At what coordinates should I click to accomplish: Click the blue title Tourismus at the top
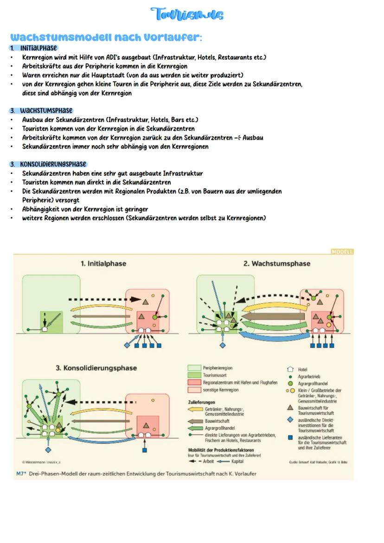187,14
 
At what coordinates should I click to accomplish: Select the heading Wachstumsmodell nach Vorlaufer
106,37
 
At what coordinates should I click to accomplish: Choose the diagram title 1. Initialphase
103,263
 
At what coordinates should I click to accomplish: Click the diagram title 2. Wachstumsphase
277,263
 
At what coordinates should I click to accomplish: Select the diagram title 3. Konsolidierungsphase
96,368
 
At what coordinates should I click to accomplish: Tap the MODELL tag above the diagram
342,251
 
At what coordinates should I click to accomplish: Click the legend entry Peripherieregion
218,368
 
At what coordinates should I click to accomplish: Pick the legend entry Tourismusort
214,375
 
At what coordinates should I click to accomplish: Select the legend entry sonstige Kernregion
220,390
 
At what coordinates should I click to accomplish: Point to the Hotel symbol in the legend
290,370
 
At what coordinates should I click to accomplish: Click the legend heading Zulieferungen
201,402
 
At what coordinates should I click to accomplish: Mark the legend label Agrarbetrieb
309,377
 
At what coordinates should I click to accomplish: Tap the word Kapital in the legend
237,461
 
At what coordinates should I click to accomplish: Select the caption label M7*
21,473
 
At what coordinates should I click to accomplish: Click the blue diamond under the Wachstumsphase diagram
222,345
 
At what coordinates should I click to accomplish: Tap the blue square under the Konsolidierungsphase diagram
144,450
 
